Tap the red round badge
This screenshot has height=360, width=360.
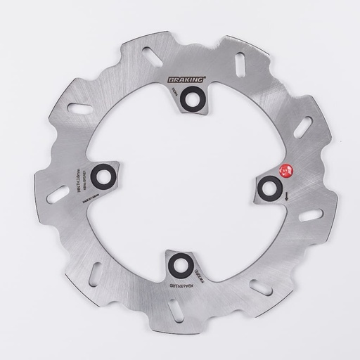285,169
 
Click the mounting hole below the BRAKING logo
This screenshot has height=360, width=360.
193,103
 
